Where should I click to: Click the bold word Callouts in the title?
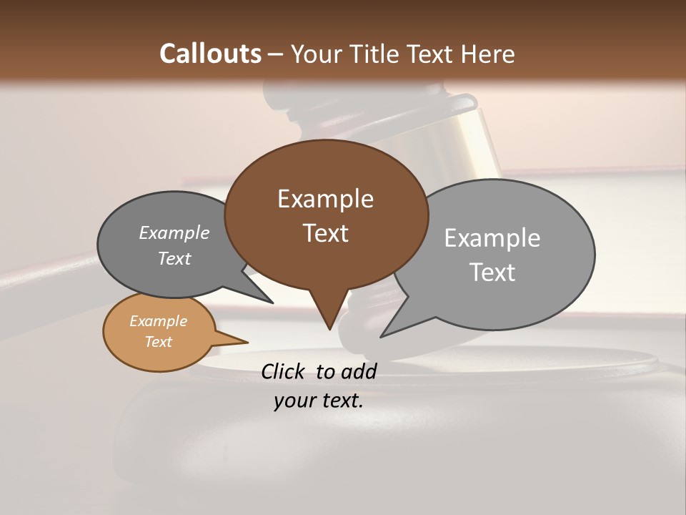pos(211,54)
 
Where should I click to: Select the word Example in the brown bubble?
pos(325,198)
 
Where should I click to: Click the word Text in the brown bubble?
pos(325,232)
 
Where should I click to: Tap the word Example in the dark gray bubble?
pos(174,232)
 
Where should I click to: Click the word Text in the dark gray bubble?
pos(174,258)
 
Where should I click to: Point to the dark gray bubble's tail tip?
pos(272,303)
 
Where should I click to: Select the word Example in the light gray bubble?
pos(492,237)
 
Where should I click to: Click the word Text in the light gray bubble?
pos(492,272)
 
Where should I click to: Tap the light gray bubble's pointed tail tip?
pos(381,336)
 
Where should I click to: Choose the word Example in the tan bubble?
pos(158,321)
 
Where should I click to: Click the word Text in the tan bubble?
pos(158,342)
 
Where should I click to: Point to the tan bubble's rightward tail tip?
pos(247,342)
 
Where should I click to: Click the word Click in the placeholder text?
pos(284,371)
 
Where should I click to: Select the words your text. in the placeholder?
pos(319,401)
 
